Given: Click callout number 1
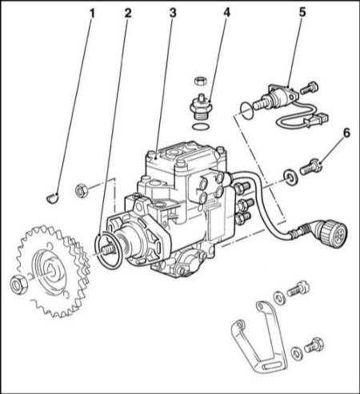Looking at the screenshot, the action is [92, 14].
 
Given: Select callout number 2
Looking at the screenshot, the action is [128, 14].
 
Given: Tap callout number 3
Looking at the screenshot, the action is [173, 13].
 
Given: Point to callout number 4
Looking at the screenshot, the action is [226, 12].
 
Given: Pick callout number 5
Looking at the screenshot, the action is [302, 12].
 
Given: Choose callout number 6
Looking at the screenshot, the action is [346, 133].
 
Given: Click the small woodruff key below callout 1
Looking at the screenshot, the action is [52, 198].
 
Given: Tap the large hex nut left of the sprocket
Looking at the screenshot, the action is [18, 284].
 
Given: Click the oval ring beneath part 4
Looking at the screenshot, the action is [201, 127].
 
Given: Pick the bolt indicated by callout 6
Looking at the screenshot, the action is [310, 167].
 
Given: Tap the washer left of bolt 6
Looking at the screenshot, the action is [289, 176].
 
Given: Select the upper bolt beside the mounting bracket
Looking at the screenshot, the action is [298, 289].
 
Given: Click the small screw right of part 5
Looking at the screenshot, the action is [309, 88].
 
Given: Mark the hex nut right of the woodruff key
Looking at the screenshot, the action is [82, 191].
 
